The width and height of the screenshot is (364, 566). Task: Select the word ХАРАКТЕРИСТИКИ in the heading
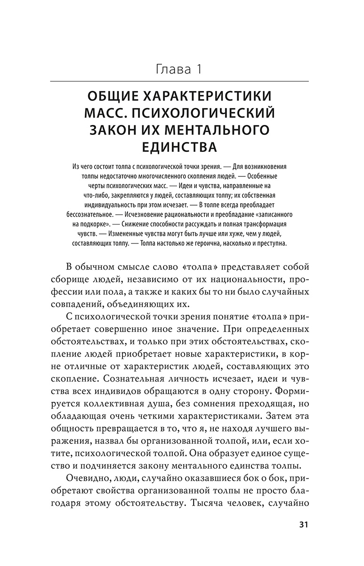pyautogui.click(x=206, y=96)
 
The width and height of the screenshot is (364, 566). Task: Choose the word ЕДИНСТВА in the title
pyautogui.click(x=179, y=147)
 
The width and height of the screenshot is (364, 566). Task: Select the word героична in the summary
pyautogui.click(x=211, y=243)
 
